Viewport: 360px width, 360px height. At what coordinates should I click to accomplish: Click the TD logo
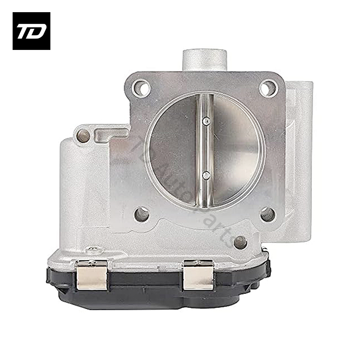pos(31,31)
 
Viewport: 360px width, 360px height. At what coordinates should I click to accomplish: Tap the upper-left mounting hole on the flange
pos(142,87)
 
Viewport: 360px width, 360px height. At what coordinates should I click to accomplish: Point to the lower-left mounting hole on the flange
pos(142,214)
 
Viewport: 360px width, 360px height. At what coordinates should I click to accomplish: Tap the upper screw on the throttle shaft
pos(206,120)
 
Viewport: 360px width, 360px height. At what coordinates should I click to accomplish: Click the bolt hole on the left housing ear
pos(83,134)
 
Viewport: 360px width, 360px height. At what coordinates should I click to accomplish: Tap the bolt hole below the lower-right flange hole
pos(241,242)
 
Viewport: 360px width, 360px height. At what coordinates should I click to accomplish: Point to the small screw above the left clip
pos(94,249)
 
